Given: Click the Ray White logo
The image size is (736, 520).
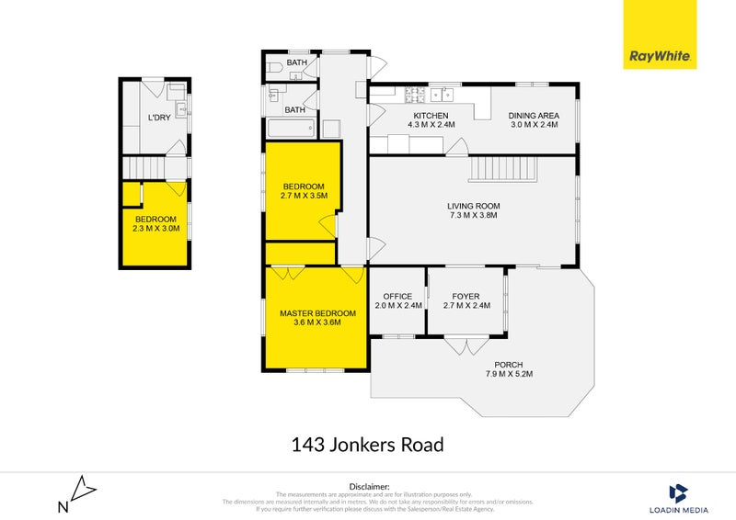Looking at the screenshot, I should [x=660, y=34].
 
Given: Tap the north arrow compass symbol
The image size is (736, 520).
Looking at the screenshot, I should [x=76, y=493].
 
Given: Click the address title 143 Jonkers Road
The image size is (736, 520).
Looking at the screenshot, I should [x=367, y=446].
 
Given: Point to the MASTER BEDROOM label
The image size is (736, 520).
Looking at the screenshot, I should [x=317, y=313].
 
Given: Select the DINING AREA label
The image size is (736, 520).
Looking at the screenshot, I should [x=534, y=115].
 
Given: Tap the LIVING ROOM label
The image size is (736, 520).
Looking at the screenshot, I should [x=473, y=206].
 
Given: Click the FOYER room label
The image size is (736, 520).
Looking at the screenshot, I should [x=466, y=296].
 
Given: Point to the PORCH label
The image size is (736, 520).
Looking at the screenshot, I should [x=509, y=364].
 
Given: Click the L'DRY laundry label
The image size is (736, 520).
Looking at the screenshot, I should [x=159, y=118].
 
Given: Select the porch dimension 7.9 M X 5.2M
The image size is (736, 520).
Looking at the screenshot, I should [x=509, y=374].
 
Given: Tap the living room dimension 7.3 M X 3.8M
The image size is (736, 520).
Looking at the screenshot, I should [x=473, y=216].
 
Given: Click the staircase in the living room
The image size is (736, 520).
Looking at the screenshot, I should [x=503, y=169].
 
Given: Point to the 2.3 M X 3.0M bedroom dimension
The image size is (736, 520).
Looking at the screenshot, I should [x=155, y=230].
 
